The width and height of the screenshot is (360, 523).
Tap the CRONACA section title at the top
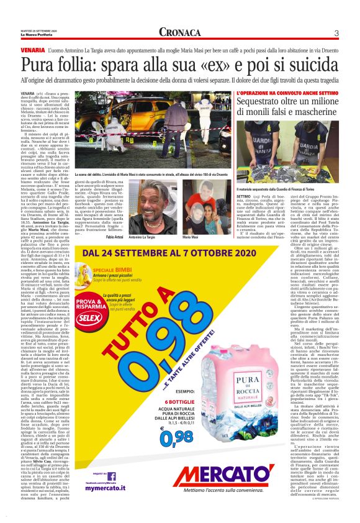[179, 32]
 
